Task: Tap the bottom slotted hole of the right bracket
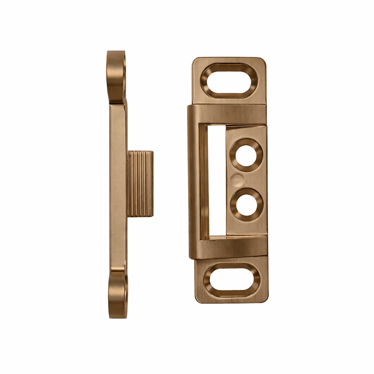(x=232, y=280)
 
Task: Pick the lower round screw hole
(x=246, y=205)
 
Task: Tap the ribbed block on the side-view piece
(x=140, y=184)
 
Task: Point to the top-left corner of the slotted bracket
(x=194, y=59)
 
